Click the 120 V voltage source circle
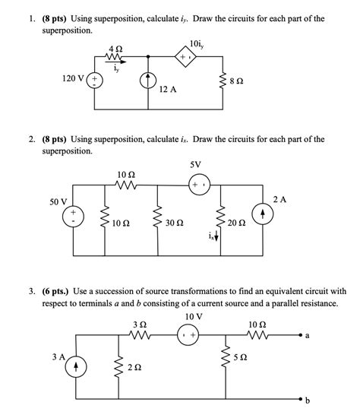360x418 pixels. tap(94, 78)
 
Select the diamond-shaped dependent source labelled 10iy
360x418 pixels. tap(186, 56)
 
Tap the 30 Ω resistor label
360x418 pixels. tap(174, 224)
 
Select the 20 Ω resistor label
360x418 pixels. tap(237, 224)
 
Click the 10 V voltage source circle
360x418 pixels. tap(186, 332)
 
